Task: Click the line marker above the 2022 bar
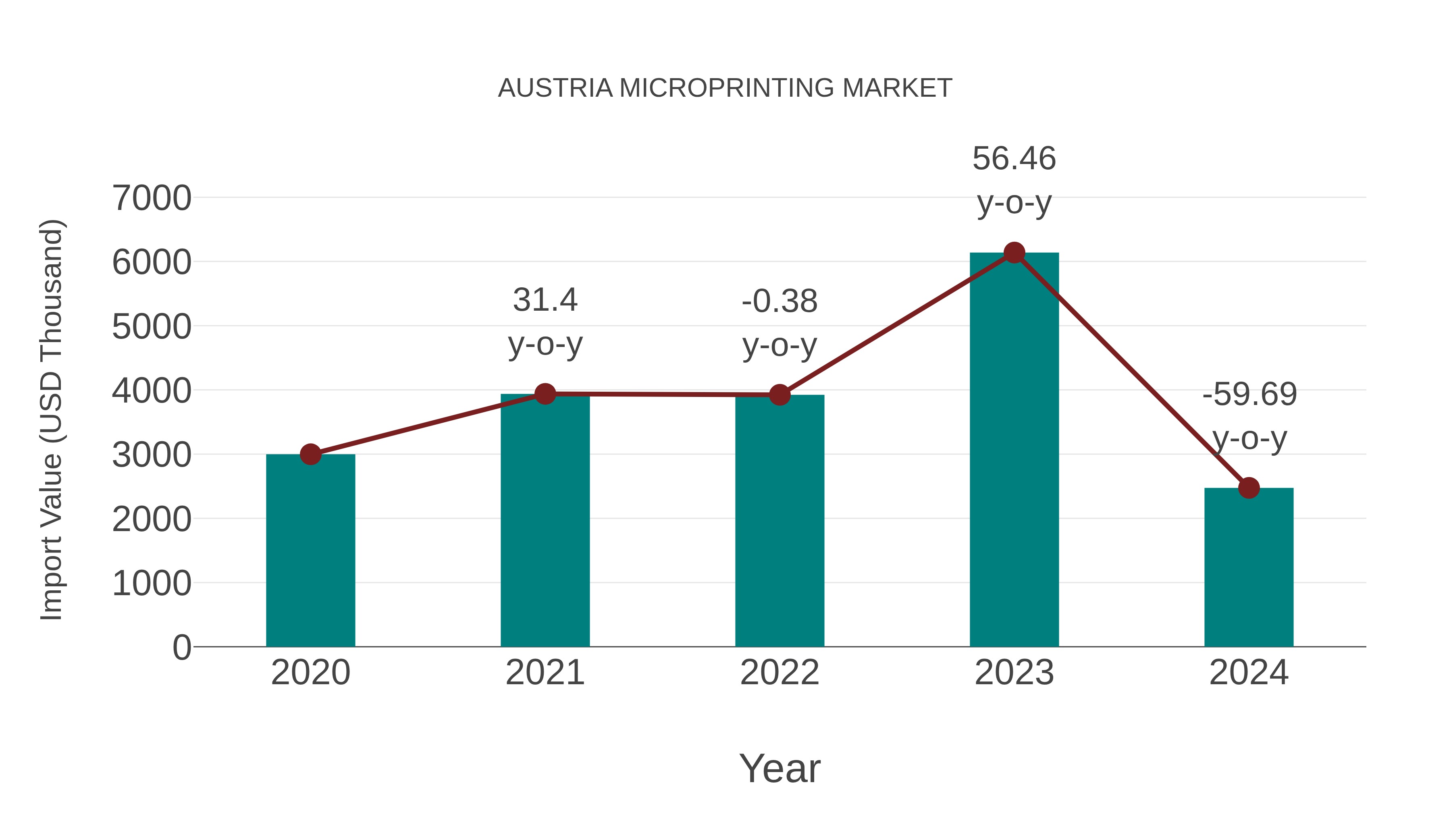pyautogui.click(x=780, y=395)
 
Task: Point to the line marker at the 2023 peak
pyautogui.click(x=1014, y=253)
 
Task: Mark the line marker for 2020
pyautogui.click(x=310, y=454)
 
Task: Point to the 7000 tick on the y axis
pyautogui.click(x=152, y=198)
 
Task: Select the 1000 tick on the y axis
pyautogui.click(x=152, y=583)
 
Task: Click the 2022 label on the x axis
pyautogui.click(x=780, y=673)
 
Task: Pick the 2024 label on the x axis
pyautogui.click(x=1249, y=673)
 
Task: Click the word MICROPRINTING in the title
pyautogui.click(x=727, y=88)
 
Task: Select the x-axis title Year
pyautogui.click(x=780, y=768)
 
